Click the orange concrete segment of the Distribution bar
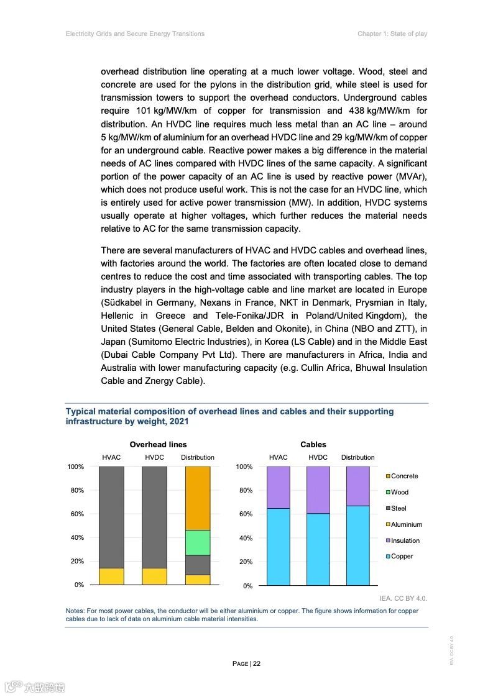[x=198, y=498]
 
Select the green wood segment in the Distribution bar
[x=198, y=542]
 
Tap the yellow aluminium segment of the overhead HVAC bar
[x=111, y=576]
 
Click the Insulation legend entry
[x=405, y=540]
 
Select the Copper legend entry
[x=402, y=557]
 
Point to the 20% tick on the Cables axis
[x=244, y=562]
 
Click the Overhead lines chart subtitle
[x=158, y=444]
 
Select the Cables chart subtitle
[x=313, y=444]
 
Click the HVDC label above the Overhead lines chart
[x=154, y=457]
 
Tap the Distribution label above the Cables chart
[x=357, y=457]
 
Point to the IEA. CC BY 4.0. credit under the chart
[x=403, y=598]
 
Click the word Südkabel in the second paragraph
[x=122, y=303]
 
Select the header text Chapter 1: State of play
[x=392, y=34]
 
